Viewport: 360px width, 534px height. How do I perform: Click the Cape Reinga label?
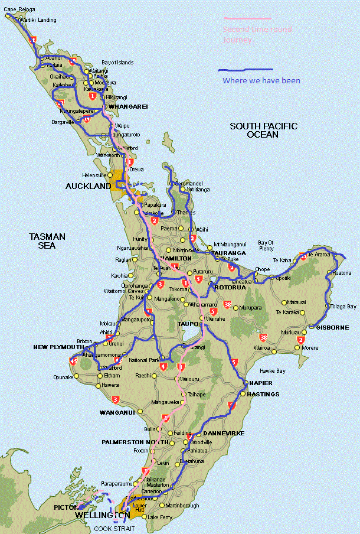pos(19,9)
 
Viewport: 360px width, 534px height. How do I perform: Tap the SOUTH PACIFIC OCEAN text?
pos(263,130)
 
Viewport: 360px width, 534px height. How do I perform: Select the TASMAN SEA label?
pos(47,240)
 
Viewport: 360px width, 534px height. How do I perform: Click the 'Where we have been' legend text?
pos(261,81)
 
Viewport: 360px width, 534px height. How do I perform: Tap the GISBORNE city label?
pos(333,327)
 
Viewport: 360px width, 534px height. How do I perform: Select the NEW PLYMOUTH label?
pos(58,347)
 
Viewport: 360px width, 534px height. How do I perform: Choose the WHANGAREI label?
pos(128,107)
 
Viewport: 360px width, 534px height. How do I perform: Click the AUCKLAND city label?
pos(88,186)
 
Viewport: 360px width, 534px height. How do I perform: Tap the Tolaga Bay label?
pos(343,307)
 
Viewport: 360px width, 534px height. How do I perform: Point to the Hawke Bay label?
pos(273,371)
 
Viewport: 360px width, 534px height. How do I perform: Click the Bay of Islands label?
pos(117,63)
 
